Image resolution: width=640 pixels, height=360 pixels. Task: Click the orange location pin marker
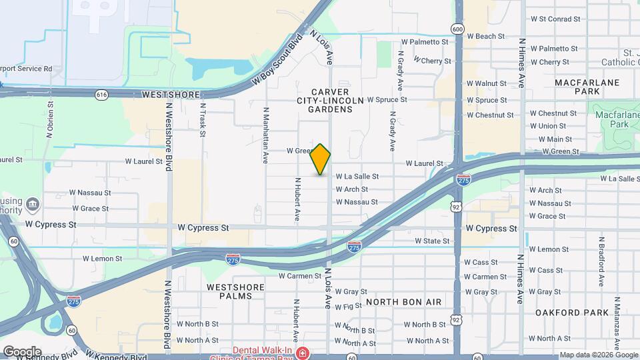click(321, 159)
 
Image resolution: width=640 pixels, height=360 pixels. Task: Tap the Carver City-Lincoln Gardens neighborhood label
click(330, 100)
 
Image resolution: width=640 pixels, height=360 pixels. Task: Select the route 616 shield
click(101, 95)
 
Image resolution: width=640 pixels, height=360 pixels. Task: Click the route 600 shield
click(457, 29)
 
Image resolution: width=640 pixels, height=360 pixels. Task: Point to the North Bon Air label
click(403, 302)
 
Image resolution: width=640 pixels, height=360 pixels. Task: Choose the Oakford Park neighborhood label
click(572, 312)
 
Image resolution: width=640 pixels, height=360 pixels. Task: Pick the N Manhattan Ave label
click(265, 135)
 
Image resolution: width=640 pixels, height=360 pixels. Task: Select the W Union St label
click(547, 126)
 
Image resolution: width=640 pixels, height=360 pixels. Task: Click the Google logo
click(22, 351)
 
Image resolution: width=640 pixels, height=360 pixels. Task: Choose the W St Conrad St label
click(555, 19)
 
